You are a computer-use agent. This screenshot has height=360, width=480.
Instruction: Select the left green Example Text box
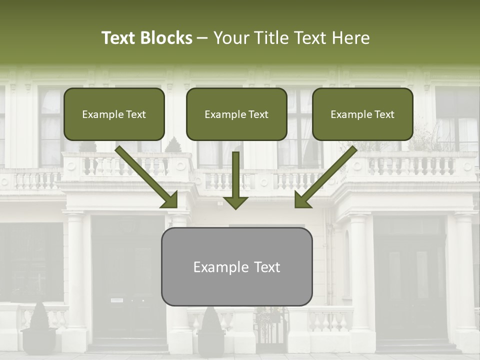(114, 114)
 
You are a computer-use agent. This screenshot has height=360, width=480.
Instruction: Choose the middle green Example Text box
(236, 114)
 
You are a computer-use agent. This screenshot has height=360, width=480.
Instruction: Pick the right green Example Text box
(362, 114)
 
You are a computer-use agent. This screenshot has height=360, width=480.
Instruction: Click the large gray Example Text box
(236, 267)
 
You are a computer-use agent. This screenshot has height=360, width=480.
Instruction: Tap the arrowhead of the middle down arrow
(235, 202)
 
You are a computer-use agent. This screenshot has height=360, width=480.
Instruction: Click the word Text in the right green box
(384, 114)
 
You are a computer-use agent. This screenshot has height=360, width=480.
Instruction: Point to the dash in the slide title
(202, 38)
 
